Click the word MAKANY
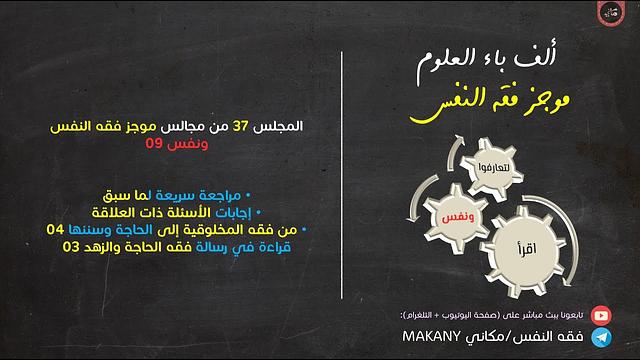tap(438, 339)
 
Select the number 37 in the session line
tap(240, 129)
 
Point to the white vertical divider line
tap(342, 180)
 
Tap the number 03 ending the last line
tap(72, 248)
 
